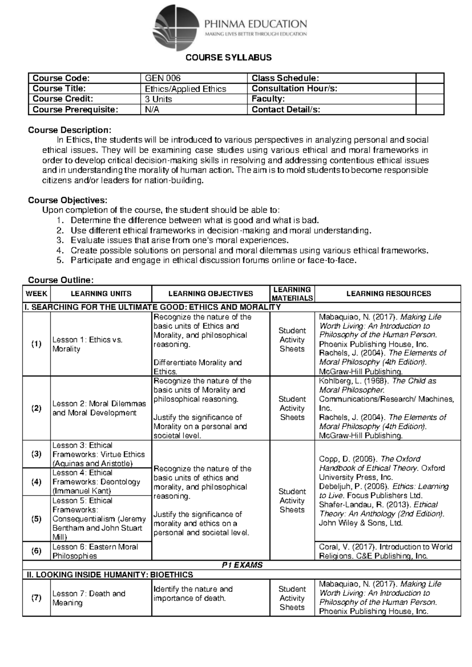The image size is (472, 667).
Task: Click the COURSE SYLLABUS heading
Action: click(229, 58)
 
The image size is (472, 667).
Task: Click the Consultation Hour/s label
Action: click(294, 88)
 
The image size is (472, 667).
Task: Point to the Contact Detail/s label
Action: click(286, 110)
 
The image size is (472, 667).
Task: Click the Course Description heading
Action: click(70, 130)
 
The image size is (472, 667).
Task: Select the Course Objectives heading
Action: click(67, 200)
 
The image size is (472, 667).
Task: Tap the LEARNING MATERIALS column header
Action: click(292, 294)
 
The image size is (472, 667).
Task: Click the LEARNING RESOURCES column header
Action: click(388, 294)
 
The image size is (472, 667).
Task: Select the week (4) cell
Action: click(37, 482)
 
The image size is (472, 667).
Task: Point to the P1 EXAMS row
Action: click(242, 565)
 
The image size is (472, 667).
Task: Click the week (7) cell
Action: click(37, 598)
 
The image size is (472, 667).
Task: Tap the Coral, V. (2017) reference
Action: click(385, 551)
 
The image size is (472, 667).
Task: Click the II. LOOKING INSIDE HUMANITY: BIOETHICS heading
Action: click(110, 575)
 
